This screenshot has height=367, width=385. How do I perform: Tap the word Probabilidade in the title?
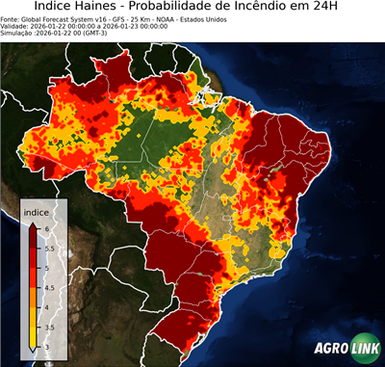pyautogui.click(x=215, y=8)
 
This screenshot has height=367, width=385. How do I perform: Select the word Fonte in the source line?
pyautogui.click(x=12, y=19)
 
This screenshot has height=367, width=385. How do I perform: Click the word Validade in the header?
pyautogui.click(x=16, y=27)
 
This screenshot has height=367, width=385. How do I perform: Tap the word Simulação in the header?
pyautogui.click(x=18, y=35)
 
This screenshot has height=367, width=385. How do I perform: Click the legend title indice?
pyautogui.click(x=36, y=212)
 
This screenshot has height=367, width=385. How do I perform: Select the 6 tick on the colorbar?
pyautogui.click(x=49, y=227)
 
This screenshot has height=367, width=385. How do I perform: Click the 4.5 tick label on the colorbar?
pyautogui.click(x=52, y=286)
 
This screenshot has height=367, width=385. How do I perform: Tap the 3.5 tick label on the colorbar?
pyautogui.click(x=52, y=326)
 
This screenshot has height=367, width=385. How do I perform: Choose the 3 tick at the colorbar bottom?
pyautogui.click(x=49, y=345)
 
